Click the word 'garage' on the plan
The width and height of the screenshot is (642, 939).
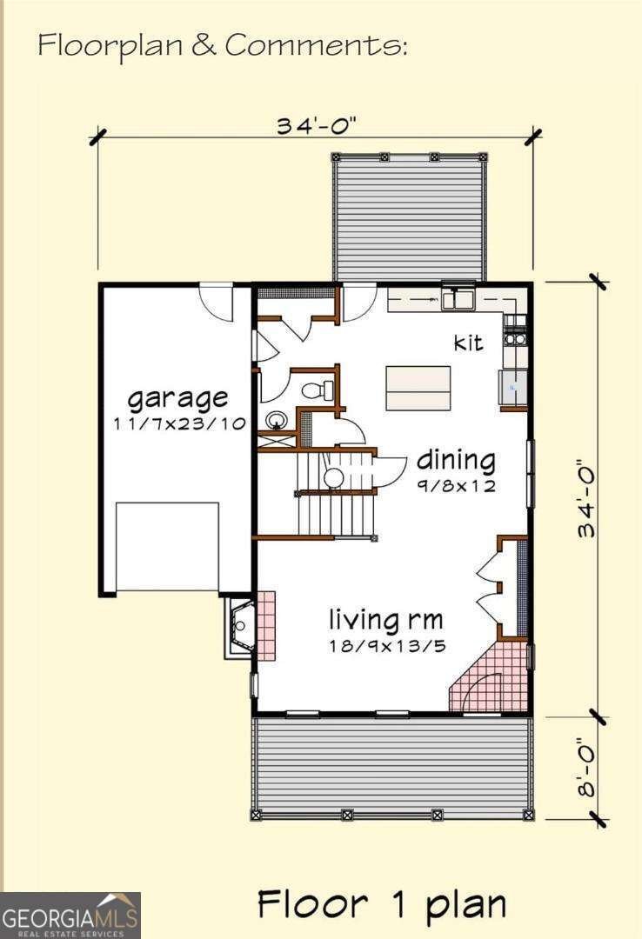[178, 400]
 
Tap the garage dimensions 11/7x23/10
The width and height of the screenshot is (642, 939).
[179, 424]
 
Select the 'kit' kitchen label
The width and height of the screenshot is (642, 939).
[468, 343]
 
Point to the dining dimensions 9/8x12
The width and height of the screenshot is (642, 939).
[456, 486]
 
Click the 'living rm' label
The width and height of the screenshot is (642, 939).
[385, 621]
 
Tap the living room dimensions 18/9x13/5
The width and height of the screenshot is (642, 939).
[385, 646]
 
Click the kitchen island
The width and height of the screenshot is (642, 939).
[418, 388]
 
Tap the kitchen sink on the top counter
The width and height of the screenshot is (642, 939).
[456, 300]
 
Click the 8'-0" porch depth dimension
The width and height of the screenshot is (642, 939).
[588, 768]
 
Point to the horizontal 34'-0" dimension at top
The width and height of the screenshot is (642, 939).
[317, 126]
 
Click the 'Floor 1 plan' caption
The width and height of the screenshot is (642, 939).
[381, 904]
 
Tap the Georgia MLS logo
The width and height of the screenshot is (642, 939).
[70, 916]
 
